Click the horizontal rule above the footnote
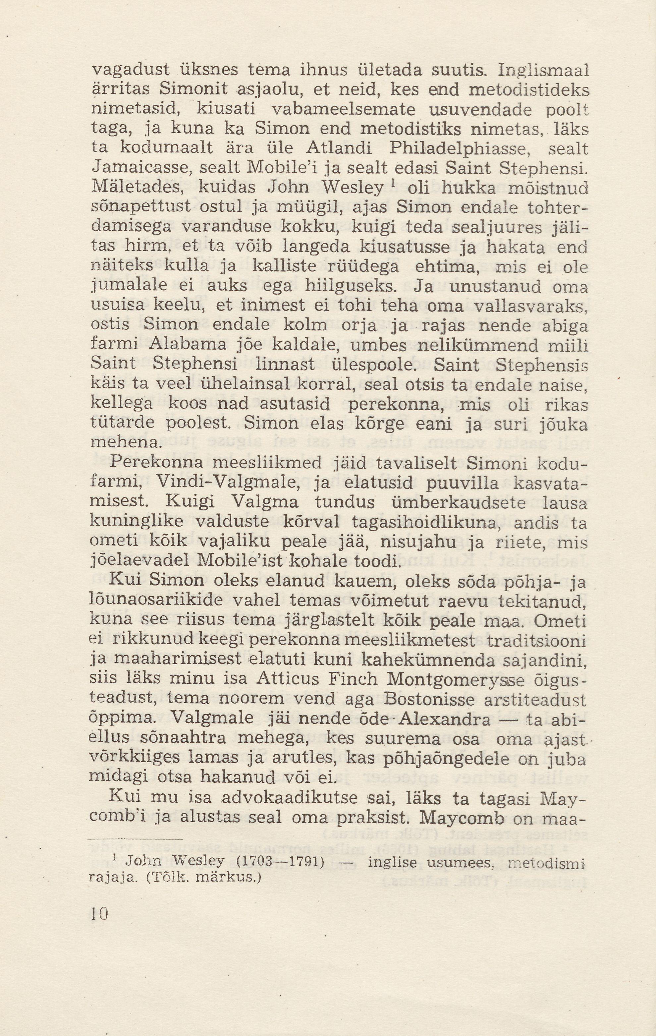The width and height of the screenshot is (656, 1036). click(x=135, y=839)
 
